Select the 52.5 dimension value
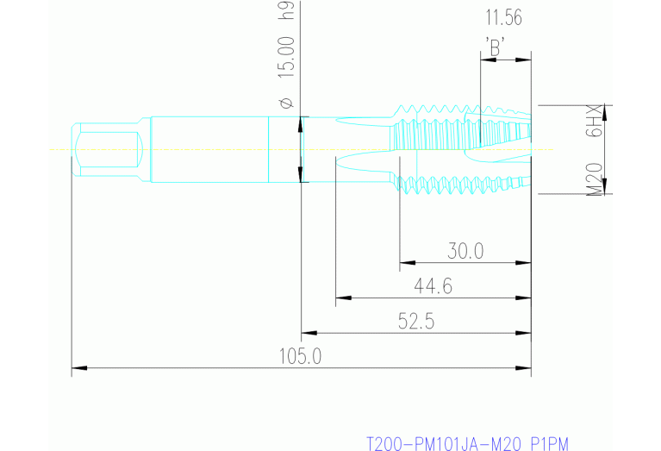coord(415,322)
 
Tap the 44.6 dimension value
coord(433,286)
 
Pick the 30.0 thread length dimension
coord(465,251)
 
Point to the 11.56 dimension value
coord(504,16)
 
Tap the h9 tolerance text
coord(287,10)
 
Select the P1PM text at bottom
coord(550,444)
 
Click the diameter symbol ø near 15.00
coord(287,103)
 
